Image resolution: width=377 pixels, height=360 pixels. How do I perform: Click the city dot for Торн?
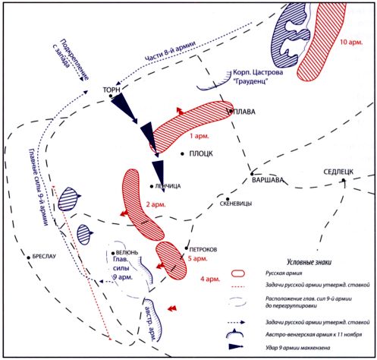111,96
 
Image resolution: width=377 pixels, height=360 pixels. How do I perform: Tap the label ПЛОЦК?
201,153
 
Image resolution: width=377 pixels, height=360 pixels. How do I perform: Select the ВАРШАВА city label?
268,180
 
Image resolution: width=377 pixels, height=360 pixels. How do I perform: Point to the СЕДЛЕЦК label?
338,172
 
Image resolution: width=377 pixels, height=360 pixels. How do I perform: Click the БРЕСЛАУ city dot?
29,257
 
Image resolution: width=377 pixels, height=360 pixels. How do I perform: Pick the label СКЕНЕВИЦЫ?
236,204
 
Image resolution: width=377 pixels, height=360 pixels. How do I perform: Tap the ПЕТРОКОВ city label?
203,250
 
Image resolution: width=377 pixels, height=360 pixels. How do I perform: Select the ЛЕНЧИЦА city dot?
152,186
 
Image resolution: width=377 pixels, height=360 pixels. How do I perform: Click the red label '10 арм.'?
351,42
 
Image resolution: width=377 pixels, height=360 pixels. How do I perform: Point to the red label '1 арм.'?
199,136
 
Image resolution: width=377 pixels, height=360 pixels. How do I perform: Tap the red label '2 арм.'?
156,204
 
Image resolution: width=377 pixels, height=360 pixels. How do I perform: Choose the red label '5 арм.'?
198,259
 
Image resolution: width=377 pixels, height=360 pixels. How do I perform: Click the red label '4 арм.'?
210,279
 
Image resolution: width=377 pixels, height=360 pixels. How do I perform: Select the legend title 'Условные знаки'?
309,262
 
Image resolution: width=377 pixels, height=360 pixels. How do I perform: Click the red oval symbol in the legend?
238,273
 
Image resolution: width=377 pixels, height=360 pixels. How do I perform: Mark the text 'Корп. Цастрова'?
258,72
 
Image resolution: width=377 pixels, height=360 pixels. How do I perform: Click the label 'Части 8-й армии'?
170,51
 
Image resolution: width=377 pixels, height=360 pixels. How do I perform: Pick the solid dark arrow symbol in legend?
236,346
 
